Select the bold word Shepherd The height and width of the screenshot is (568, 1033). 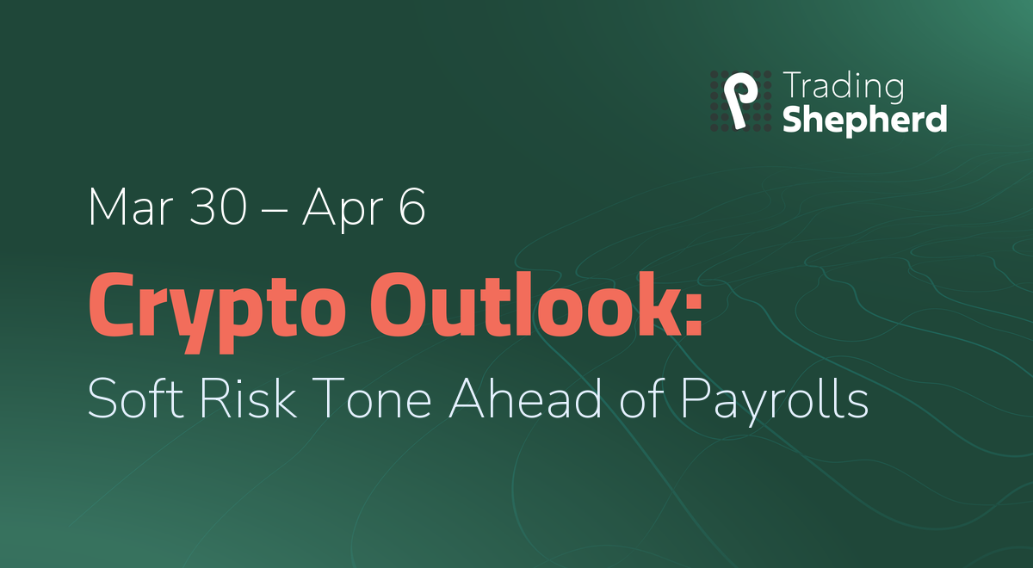click(864, 120)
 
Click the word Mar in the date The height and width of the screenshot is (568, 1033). click(131, 207)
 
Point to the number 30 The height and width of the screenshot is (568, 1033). click(218, 207)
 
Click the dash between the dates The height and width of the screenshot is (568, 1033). click(274, 211)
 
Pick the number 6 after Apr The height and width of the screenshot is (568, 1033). click(411, 207)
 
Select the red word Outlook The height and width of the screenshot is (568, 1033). click(527, 305)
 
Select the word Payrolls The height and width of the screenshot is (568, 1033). click(775, 400)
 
